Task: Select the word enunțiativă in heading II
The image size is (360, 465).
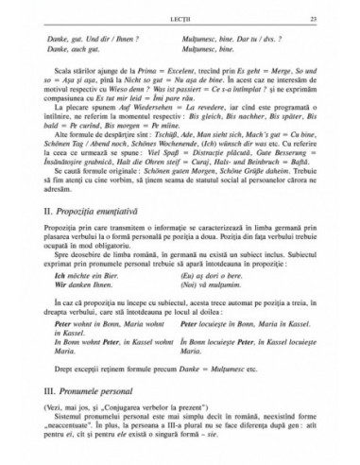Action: coord(106,230)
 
